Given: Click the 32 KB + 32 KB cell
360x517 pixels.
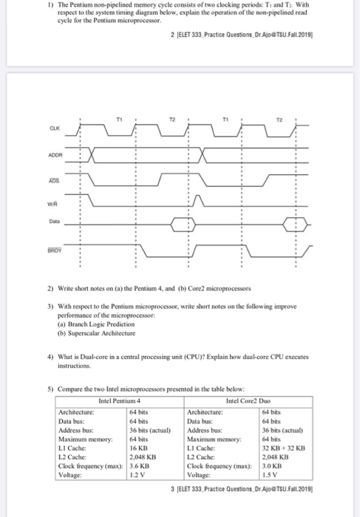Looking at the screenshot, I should pyautogui.click(x=283, y=448).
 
